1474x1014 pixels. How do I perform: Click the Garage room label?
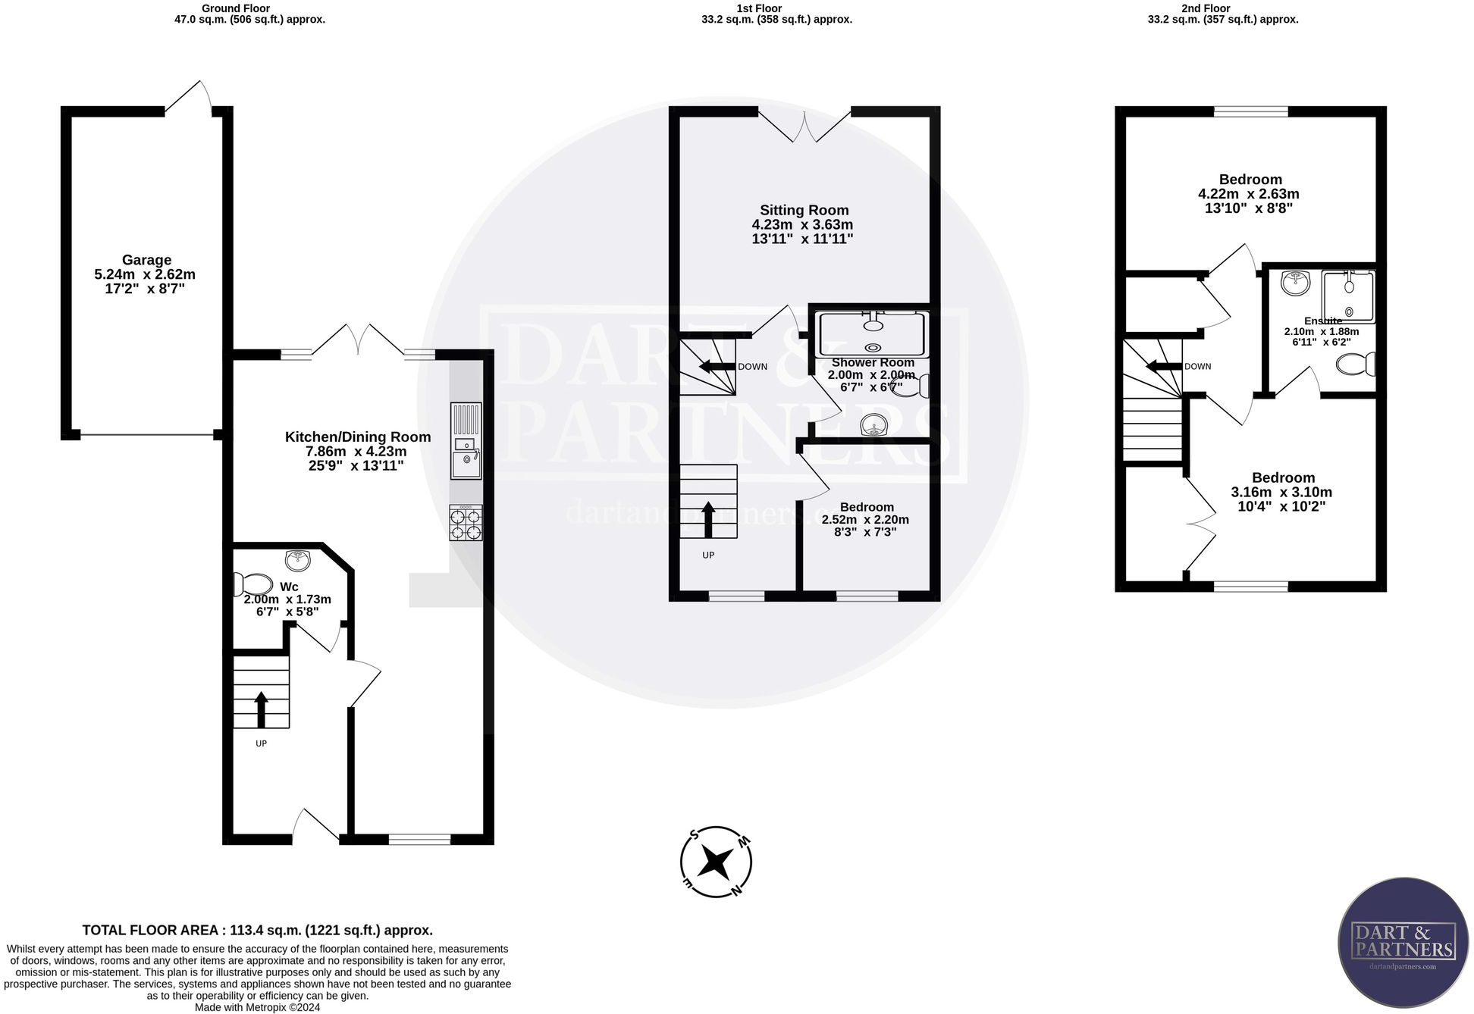[146, 260]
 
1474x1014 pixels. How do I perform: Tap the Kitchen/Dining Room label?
[358, 437]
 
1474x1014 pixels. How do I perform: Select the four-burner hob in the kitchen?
[466, 523]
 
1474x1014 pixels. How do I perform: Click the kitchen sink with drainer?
[466, 440]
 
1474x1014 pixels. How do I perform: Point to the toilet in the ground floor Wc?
[253, 584]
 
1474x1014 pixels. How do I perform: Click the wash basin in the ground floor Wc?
[299, 560]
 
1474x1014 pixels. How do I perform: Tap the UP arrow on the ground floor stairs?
[261, 709]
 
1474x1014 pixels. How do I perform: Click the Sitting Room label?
[804, 211]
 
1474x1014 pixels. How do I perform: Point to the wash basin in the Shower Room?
[873, 427]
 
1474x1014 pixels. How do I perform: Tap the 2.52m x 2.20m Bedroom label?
[866, 507]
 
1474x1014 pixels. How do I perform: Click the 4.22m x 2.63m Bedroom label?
[1250, 180]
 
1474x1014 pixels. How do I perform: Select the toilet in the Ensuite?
[1356, 365]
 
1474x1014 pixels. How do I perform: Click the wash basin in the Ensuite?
[1295, 283]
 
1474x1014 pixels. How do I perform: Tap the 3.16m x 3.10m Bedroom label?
[1282, 477]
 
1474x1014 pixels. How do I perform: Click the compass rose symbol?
[716, 862]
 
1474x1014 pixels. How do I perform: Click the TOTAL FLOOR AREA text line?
[257, 930]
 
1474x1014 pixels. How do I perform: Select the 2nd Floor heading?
[1222, 8]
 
